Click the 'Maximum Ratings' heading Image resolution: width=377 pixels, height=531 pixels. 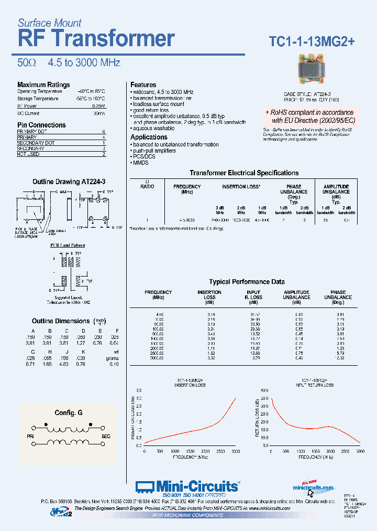coord(43,84)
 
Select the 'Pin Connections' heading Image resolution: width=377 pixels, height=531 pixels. coord(41,125)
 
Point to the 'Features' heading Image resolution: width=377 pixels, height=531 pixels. coord(143,84)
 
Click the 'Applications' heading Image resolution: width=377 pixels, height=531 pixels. coord(149,137)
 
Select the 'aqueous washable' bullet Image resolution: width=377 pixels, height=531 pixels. coord(153,128)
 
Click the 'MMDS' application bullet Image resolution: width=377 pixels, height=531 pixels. coord(141,163)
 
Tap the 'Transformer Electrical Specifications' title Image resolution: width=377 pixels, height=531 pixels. coord(244,173)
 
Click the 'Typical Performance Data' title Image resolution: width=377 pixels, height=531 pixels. coord(247,282)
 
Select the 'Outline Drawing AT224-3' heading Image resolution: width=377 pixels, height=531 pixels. coord(69,182)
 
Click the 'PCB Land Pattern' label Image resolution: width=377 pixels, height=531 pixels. coord(68,245)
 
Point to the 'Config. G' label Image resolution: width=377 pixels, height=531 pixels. coord(69,413)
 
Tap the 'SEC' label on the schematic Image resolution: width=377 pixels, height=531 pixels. coord(105,436)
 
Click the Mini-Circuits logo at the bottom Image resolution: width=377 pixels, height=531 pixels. coord(188,487)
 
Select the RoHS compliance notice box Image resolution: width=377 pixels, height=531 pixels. coord(309,116)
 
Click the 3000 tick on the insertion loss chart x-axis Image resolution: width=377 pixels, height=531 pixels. coord(236,451)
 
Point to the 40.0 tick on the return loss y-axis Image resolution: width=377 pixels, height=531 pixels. coord(263,390)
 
